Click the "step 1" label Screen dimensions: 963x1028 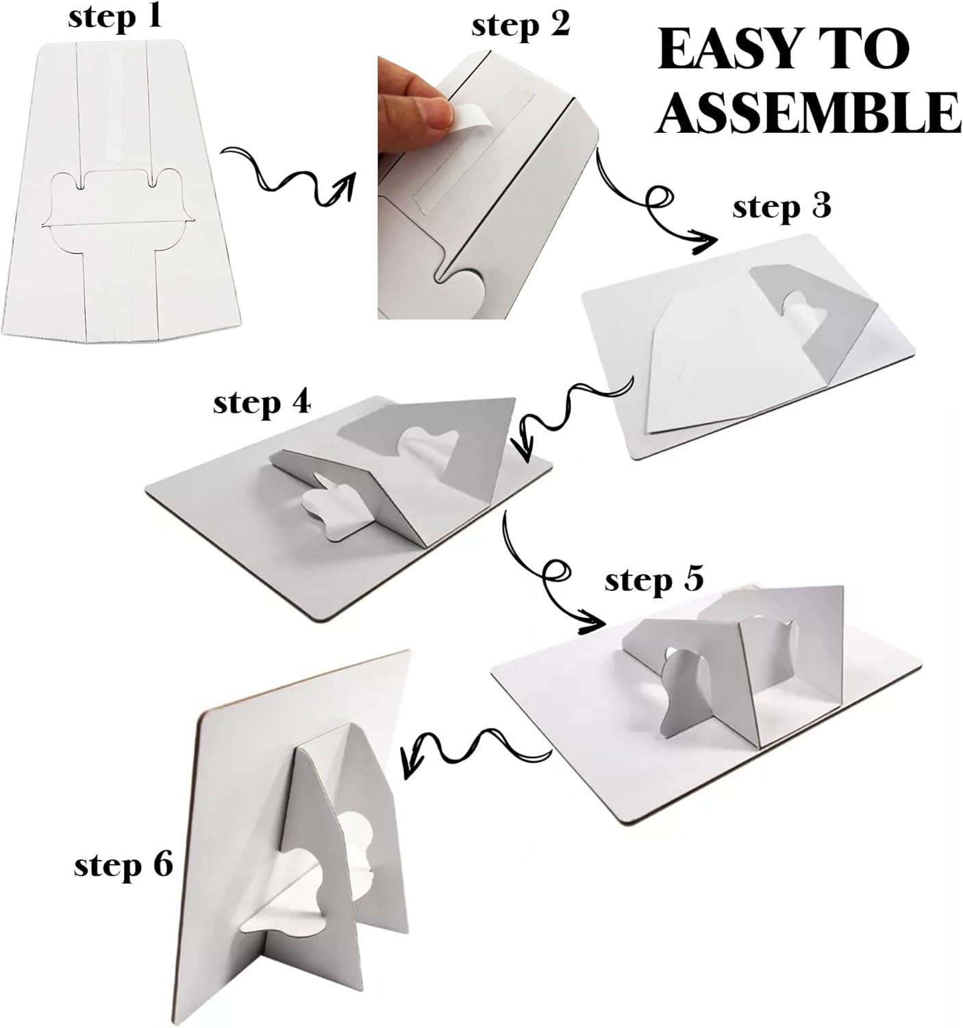pos(115,17)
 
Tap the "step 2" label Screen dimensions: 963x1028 pos(520,26)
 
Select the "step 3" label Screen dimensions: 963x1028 pos(781,207)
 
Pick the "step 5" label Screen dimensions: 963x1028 pos(654,580)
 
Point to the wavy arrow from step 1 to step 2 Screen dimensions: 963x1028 pos(288,178)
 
